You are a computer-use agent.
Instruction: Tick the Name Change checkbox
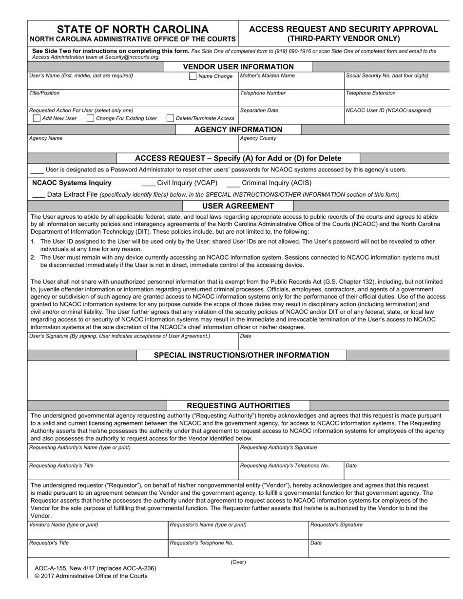(x=193, y=76)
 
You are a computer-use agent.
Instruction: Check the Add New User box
(x=37, y=118)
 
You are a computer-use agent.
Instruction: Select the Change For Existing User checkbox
(x=90, y=118)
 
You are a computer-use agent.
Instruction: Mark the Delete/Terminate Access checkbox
(x=170, y=118)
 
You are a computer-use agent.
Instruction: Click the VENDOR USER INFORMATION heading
(x=238, y=67)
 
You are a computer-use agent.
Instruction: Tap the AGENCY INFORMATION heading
(x=238, y=130)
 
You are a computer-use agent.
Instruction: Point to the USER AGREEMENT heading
(x=238, y=206)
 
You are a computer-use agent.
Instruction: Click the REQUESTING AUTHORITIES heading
(x=238, y=406)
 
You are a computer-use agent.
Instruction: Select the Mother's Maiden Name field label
(x=268, y=75)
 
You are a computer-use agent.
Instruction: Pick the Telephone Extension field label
(x=371, y=93)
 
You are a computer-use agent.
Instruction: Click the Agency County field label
(x=258, y=138)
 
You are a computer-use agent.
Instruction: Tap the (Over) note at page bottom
(x=238, y=562)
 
